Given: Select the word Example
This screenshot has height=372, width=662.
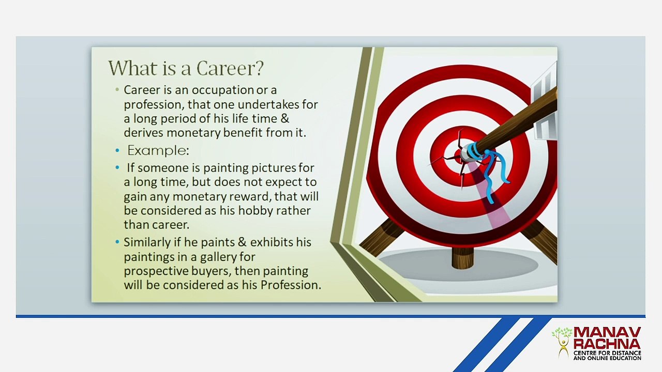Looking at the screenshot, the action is (x=158, y=150).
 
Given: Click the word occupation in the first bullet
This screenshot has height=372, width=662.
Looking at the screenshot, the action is (x=223, y=90).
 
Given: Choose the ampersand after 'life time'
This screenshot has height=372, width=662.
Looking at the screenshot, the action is (x=284, y=119).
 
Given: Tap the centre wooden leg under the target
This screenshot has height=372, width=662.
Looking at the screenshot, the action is (x=463, y=258).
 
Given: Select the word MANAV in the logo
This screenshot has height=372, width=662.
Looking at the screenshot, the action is (x=607, y=333).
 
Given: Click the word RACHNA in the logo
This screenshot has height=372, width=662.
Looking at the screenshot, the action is (x=607, y=344).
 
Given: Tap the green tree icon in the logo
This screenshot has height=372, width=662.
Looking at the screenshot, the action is (x=562, y=343).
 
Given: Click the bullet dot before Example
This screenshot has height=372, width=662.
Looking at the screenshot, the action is (x=117, y=151).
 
